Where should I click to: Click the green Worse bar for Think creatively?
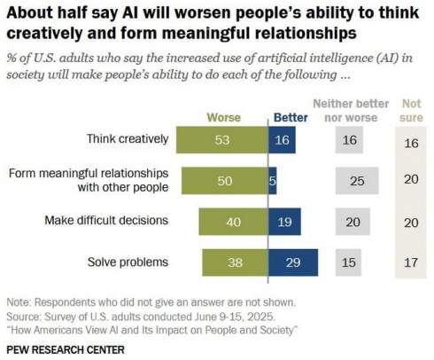[221, 139]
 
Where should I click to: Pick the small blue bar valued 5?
[273, 181]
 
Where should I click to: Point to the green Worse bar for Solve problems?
[235, 263]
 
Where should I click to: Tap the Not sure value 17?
[409, 263]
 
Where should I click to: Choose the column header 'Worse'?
[223, 116]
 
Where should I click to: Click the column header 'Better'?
[291, 116]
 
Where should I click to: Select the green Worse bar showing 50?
[224, 181]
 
